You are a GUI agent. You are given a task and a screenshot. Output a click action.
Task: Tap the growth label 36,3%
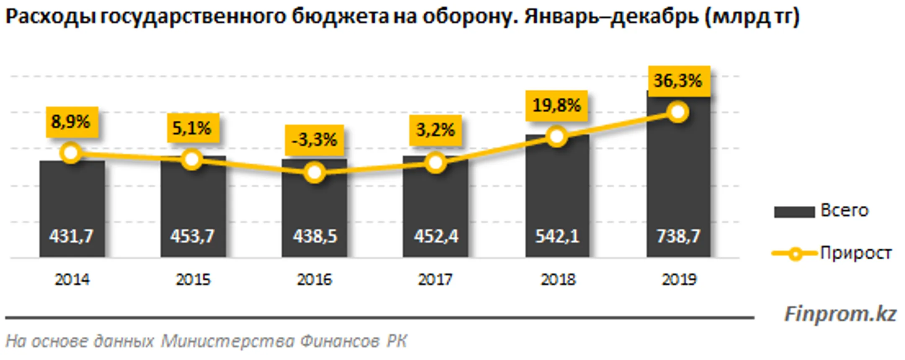[678, 80]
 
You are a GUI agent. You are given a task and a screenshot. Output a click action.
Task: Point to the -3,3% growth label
[314, 140]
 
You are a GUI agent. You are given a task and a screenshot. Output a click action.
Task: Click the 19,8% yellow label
[556, 105]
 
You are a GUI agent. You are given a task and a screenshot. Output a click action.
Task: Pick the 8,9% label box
[71, 122]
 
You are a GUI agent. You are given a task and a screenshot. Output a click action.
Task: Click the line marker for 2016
[314, 173]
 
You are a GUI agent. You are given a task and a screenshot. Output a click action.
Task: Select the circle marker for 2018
[556, 137]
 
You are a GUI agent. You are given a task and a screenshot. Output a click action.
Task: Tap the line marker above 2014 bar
[71, 153]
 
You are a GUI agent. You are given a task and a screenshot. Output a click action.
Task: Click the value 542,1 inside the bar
[557, 236]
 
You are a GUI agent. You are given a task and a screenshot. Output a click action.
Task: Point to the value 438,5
[315, 236]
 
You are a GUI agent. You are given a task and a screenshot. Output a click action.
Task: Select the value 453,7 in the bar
[192, 236]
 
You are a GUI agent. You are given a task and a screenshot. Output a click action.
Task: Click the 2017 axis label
[435, 280]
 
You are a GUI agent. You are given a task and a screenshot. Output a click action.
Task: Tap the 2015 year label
[193, 280]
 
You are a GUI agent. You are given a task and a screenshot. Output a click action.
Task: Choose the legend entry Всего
[844, 210]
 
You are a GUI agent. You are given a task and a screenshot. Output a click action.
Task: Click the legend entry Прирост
[855, 253]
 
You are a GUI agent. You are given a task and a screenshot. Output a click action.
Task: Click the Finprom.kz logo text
[840, 314]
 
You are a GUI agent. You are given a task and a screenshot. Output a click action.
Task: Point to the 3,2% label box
[435, 130]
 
